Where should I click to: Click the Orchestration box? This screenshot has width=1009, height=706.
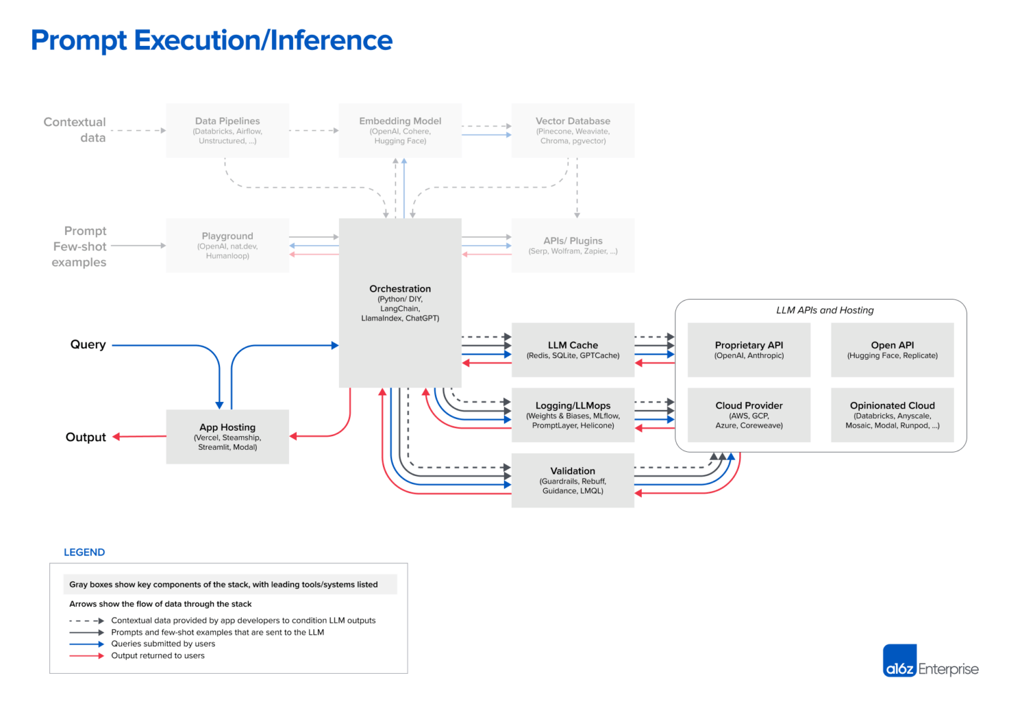point(400,303)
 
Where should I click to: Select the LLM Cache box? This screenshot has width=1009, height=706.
point(573,349)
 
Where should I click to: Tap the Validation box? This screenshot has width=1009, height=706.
point(573,480)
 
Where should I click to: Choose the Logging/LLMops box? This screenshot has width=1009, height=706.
point(573,415)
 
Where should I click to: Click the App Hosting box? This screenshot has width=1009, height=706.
point(227,437)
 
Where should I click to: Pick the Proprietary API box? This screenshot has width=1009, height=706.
point(749,349)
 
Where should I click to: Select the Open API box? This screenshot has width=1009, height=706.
point(892,349)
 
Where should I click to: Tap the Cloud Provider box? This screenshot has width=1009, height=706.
point(749,415)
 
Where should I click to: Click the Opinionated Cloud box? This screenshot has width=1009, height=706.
point(892,415)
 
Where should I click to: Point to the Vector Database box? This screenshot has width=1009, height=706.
point(573,130)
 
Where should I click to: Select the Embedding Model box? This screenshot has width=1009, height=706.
point(400,130)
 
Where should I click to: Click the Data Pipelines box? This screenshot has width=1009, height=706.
point(227,130)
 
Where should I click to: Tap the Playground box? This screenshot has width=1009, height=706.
point(227,245)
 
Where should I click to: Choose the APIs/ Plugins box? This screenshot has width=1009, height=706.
point(573,245)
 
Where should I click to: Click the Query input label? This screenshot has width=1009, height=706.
point(88,345)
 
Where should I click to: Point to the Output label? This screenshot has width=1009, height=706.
point(85,437)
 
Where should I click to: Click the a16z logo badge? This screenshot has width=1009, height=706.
point(899,661)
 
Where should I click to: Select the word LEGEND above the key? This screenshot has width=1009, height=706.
point(84,552)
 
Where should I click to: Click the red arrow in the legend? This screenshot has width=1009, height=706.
point(86,655)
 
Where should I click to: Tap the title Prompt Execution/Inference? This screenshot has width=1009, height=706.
point(212,40)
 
